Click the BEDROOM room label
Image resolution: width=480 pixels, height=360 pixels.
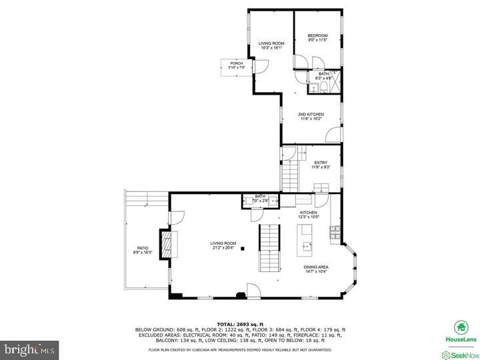(x=317, y=36)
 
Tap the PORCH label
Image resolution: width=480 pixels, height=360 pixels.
(x=237, y=63)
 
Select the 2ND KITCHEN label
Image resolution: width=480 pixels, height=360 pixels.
(x=311, y=115)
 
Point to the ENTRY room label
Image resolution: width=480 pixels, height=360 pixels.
(x=321, y=163)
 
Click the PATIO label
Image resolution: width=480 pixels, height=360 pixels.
(x=143, y=249)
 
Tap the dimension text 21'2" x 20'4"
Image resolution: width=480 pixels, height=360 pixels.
(x=223, y=247)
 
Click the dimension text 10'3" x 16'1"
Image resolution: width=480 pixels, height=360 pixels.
(x=271, y=48)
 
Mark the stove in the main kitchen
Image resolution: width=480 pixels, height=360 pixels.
(x=335, y=233)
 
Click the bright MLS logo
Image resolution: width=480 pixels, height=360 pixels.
(x=30, y=348)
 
